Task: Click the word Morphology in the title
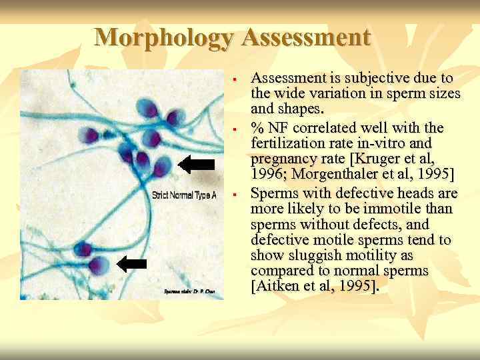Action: (x=164, y=37)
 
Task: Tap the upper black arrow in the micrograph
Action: (x=198, y=165)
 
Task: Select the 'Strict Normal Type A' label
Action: (x=184, y=195)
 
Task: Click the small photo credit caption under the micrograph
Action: (x=190, y=291)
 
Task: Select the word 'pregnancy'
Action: (x=279, y=159)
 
